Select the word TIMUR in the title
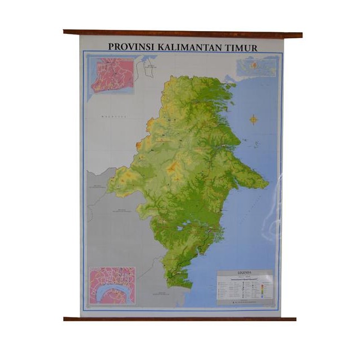(x=242, y=47)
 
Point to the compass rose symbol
(x=254, y=119)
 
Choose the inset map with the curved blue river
(x=112, y=286)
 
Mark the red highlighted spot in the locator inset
(x=254, y=66)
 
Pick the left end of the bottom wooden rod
(x=66, y=319)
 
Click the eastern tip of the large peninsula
(x=268, y=184)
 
